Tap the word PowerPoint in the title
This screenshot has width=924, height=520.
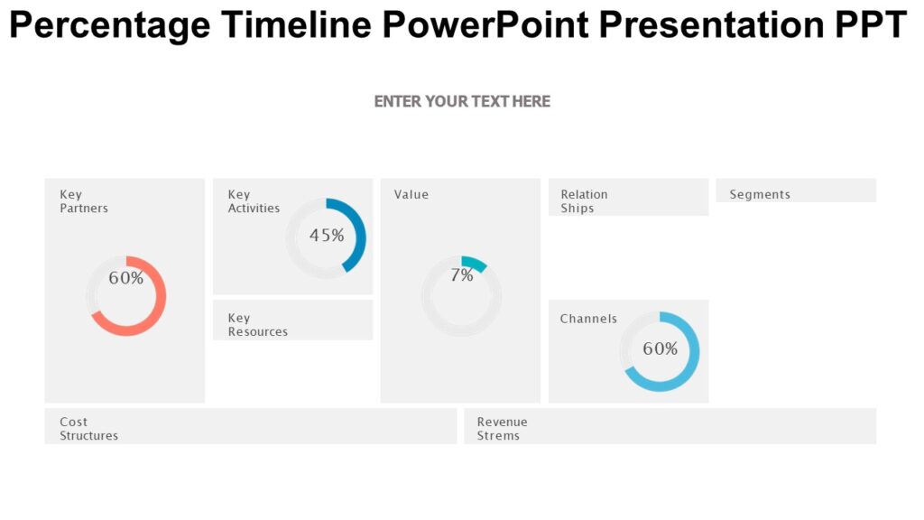(x=485, y=25)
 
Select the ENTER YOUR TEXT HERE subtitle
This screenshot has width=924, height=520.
(x=462, y=101)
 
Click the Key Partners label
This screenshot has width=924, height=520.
(x=84, y=201)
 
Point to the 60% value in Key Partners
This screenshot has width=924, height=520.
(x=126, y=278)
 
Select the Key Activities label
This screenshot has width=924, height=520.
(x=254, y=201)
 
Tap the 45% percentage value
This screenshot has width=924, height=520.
(x=327, y=236)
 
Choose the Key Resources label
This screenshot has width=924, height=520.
(x=257, y=325)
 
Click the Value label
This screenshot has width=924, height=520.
(x=411, y=194)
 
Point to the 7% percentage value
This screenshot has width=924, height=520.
(x=461, y=276)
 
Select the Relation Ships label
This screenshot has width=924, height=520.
(x=584, y=201)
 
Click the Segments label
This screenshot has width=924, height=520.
(x=760, y=194)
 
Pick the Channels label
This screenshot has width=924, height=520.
(x=588, y=319)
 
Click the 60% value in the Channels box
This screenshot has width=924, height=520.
(x=660, y=348)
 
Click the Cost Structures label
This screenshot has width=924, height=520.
(x=88, y=429)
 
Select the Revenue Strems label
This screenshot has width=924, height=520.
(x=502, y=429)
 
